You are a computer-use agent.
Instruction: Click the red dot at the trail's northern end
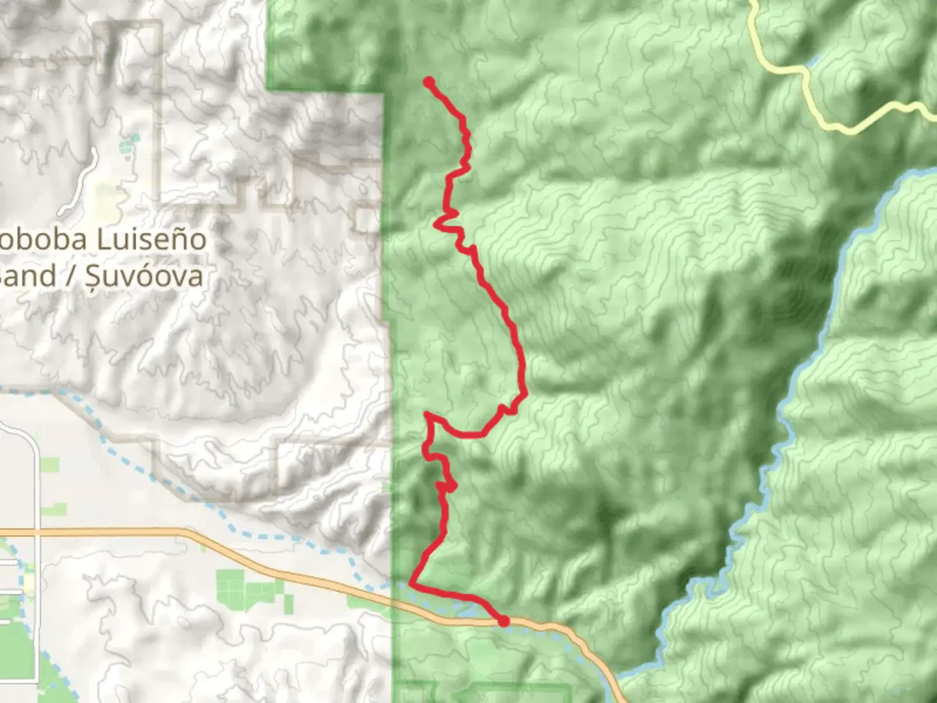[x=429, y=82]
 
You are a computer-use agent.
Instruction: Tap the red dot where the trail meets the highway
[x=503, y=621]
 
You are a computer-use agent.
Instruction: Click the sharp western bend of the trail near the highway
[x=411, y=582]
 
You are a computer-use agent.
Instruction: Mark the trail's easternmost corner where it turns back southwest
[x=524, y=393]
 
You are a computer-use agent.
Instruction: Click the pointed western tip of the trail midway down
[x=427, y=414]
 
